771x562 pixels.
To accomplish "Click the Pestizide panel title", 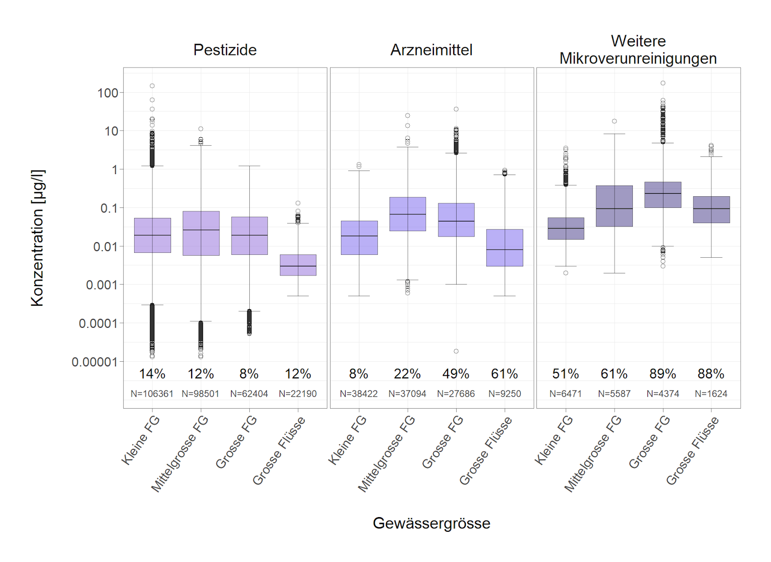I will point(225,50).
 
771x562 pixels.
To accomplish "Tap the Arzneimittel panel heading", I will point(431,50).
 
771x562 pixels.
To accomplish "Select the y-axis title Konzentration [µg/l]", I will point(38,238).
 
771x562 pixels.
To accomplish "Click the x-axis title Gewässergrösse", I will point(431,523).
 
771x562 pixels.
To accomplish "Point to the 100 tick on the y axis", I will point(108,93).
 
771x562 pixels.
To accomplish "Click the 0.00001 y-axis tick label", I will point(95,362).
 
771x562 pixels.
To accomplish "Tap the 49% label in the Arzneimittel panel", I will point(456,374).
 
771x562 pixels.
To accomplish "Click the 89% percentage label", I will point(663,374).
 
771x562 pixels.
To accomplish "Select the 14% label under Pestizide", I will point(152,374).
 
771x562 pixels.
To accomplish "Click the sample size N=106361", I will point(152,394).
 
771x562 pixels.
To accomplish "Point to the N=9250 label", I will point(505,394).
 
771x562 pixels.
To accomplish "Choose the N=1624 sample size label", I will point(711,394).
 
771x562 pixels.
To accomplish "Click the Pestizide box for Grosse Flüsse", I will point(298,265).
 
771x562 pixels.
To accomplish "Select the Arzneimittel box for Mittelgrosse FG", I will point(408,214).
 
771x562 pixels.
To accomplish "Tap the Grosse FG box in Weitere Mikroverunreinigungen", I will point(663,195).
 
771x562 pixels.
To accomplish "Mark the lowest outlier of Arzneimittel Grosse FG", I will point(456,351).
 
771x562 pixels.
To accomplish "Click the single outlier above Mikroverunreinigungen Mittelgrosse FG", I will point(615,121).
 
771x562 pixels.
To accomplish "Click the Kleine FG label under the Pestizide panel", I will point(141,440).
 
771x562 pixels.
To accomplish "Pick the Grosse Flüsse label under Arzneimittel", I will point(486,451).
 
